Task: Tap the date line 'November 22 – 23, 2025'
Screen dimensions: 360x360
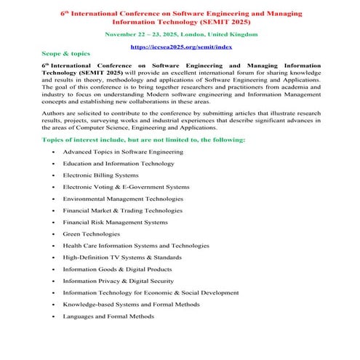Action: [x=180, y=34]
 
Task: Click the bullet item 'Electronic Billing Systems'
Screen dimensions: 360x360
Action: [x=100, y=175]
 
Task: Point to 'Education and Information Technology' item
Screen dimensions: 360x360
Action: [x=119, y=164]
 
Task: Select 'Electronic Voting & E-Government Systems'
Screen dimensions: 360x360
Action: [x=126, y=187]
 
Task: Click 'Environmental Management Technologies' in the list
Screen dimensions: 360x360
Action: [x=123, y=199]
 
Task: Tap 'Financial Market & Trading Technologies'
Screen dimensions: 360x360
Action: [x=122, y=210]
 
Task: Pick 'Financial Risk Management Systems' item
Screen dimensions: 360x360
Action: [x=115, y=222]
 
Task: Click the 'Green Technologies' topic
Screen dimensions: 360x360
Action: [x=91, y=234]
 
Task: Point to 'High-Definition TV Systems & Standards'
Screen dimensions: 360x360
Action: [x=122, y=257]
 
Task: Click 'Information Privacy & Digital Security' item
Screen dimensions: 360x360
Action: [x=118, y=281]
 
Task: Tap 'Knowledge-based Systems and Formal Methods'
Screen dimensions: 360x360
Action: [x=131, y=304]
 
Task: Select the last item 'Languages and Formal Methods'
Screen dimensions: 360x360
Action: [x=108, y=316]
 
